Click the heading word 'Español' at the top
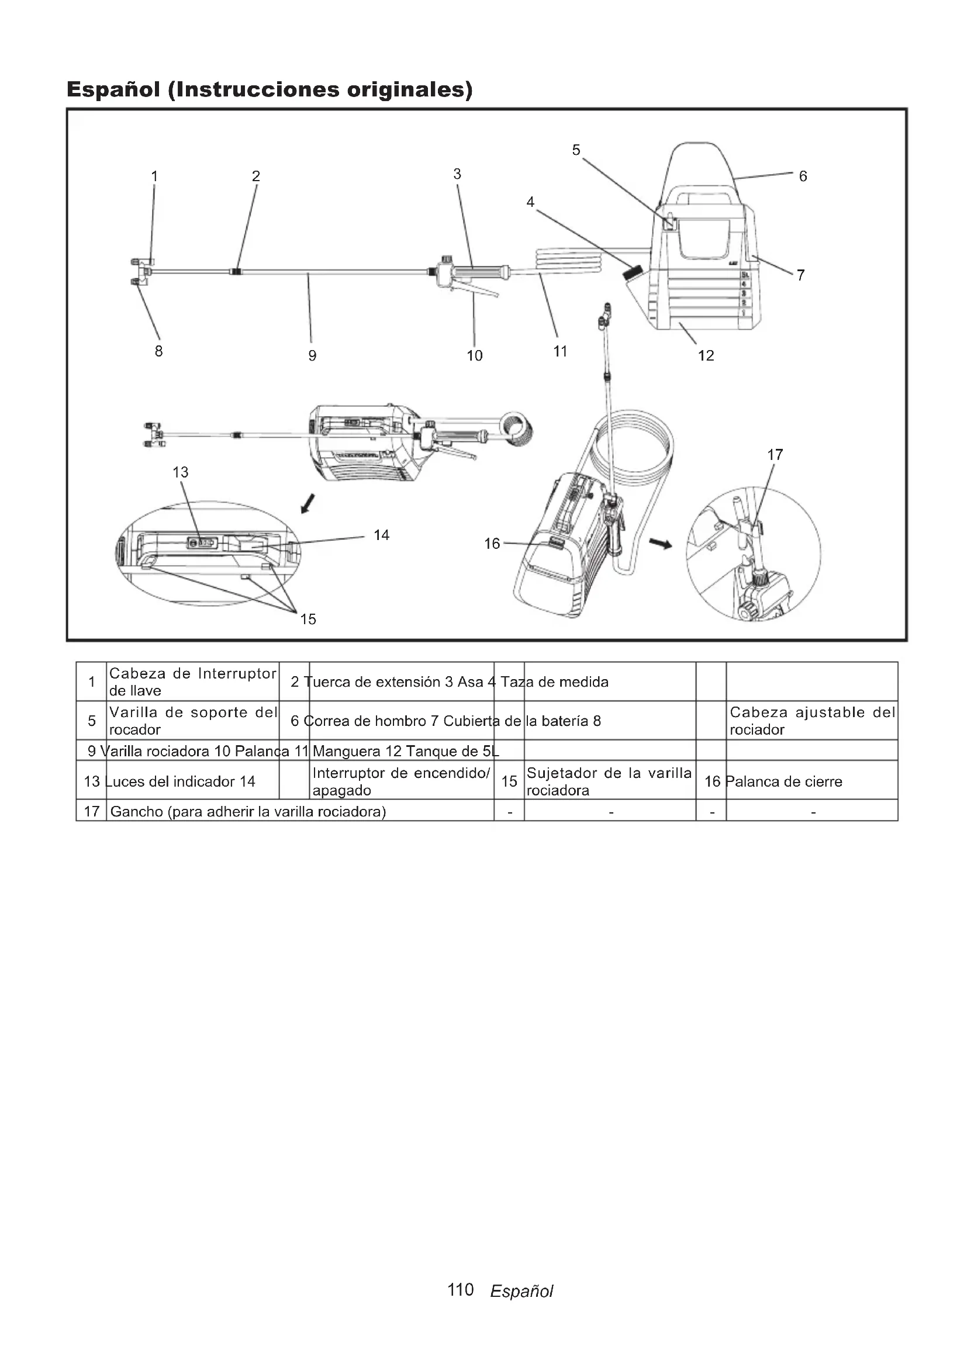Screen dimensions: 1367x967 click(x=113, y=89)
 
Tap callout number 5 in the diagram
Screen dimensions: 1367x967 click(x=576, y=150)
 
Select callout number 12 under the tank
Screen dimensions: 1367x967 click(x=706, y=355)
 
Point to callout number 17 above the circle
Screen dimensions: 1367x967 click(x=775, y=455)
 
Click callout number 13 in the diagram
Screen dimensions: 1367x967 click(x=181, y=472)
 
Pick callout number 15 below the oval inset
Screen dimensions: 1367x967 click(x=308, y=619)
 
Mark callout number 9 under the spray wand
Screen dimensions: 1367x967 click(x=312, y=355)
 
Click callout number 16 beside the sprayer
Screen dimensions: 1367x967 click(x=492, y=544)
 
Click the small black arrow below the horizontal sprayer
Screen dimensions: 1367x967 click(x=308, y=504)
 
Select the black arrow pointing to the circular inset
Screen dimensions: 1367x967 click(x=659, y=543)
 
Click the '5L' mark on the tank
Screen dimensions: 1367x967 click(x=744, y=275)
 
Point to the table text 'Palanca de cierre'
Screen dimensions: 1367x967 click(x=783, y=781)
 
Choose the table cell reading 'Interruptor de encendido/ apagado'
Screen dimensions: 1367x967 click(x=400, y=781)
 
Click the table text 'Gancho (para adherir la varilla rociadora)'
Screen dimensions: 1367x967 click(x=248, y=812)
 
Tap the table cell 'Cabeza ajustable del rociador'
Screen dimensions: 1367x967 click(x=812, y=721)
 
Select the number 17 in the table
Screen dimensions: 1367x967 click(x=92, y=812)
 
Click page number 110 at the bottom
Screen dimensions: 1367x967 click(x=460, y=1290)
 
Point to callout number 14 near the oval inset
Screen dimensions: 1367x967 click(x=381, y=535)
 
